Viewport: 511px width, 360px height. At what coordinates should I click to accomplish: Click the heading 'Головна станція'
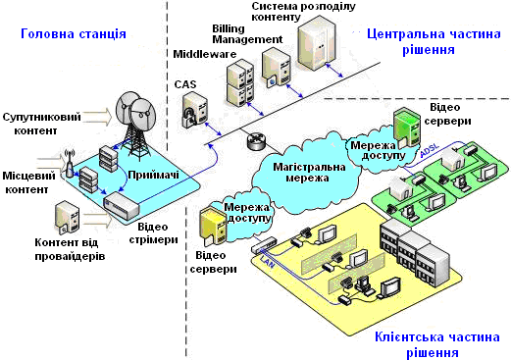[74, 34]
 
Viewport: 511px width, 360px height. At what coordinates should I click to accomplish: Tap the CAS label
[185, 84]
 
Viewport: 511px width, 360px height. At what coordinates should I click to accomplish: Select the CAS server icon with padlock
[195, 110]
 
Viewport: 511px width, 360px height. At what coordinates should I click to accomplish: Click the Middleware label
[205, 54]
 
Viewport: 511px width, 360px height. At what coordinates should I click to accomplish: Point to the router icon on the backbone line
[257, 140]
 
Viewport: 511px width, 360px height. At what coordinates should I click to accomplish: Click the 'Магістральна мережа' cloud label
[309, 173]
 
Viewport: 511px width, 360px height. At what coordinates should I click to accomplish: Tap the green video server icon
[406, 128]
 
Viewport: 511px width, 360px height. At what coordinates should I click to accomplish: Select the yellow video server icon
[214, 227]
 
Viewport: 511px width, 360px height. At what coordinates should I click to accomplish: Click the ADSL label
[430, 150]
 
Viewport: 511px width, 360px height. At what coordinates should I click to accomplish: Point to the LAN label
[267, 262]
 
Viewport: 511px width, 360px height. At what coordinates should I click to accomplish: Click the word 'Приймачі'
[153, 176]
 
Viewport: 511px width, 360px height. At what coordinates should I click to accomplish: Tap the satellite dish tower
[136, 126]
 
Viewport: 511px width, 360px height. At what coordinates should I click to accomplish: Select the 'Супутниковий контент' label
[41, 124]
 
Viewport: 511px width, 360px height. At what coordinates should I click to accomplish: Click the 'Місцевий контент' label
[28, 182]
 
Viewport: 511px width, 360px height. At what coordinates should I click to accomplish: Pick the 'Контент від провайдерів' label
[70, 249]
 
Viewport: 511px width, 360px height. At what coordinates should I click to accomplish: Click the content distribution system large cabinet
[317, 42]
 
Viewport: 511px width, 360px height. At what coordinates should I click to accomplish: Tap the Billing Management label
[247, 34]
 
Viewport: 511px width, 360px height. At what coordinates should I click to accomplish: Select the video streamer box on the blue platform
[122, 206]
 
